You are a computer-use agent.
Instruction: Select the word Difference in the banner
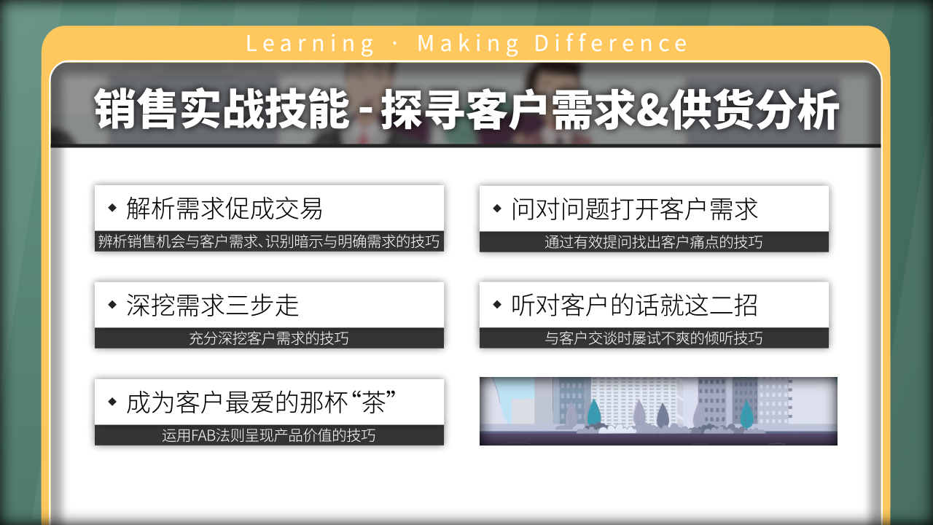(x=611, y=43)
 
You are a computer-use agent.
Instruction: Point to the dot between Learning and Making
(x=395, y=44)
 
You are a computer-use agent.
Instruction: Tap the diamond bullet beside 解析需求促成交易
(x=112, y=208)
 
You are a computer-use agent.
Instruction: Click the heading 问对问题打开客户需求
(x=634, y=209)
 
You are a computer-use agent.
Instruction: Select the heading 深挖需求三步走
(x=212, y=305)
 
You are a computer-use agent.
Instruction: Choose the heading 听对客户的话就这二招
(x=634, y=305)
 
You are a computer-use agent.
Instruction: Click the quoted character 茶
(x=373, y=402)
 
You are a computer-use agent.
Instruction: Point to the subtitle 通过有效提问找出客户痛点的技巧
(x=654, y=242)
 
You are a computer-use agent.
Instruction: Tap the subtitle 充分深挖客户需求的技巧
(x=269, y=338)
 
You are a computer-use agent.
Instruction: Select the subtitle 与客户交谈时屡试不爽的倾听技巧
(x=654, y=338)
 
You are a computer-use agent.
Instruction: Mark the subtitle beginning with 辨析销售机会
(x=269, y=241)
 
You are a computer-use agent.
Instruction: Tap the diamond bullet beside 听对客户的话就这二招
(x=497, y=304)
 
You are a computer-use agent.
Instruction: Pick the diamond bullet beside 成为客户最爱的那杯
(x=112, y=402)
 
